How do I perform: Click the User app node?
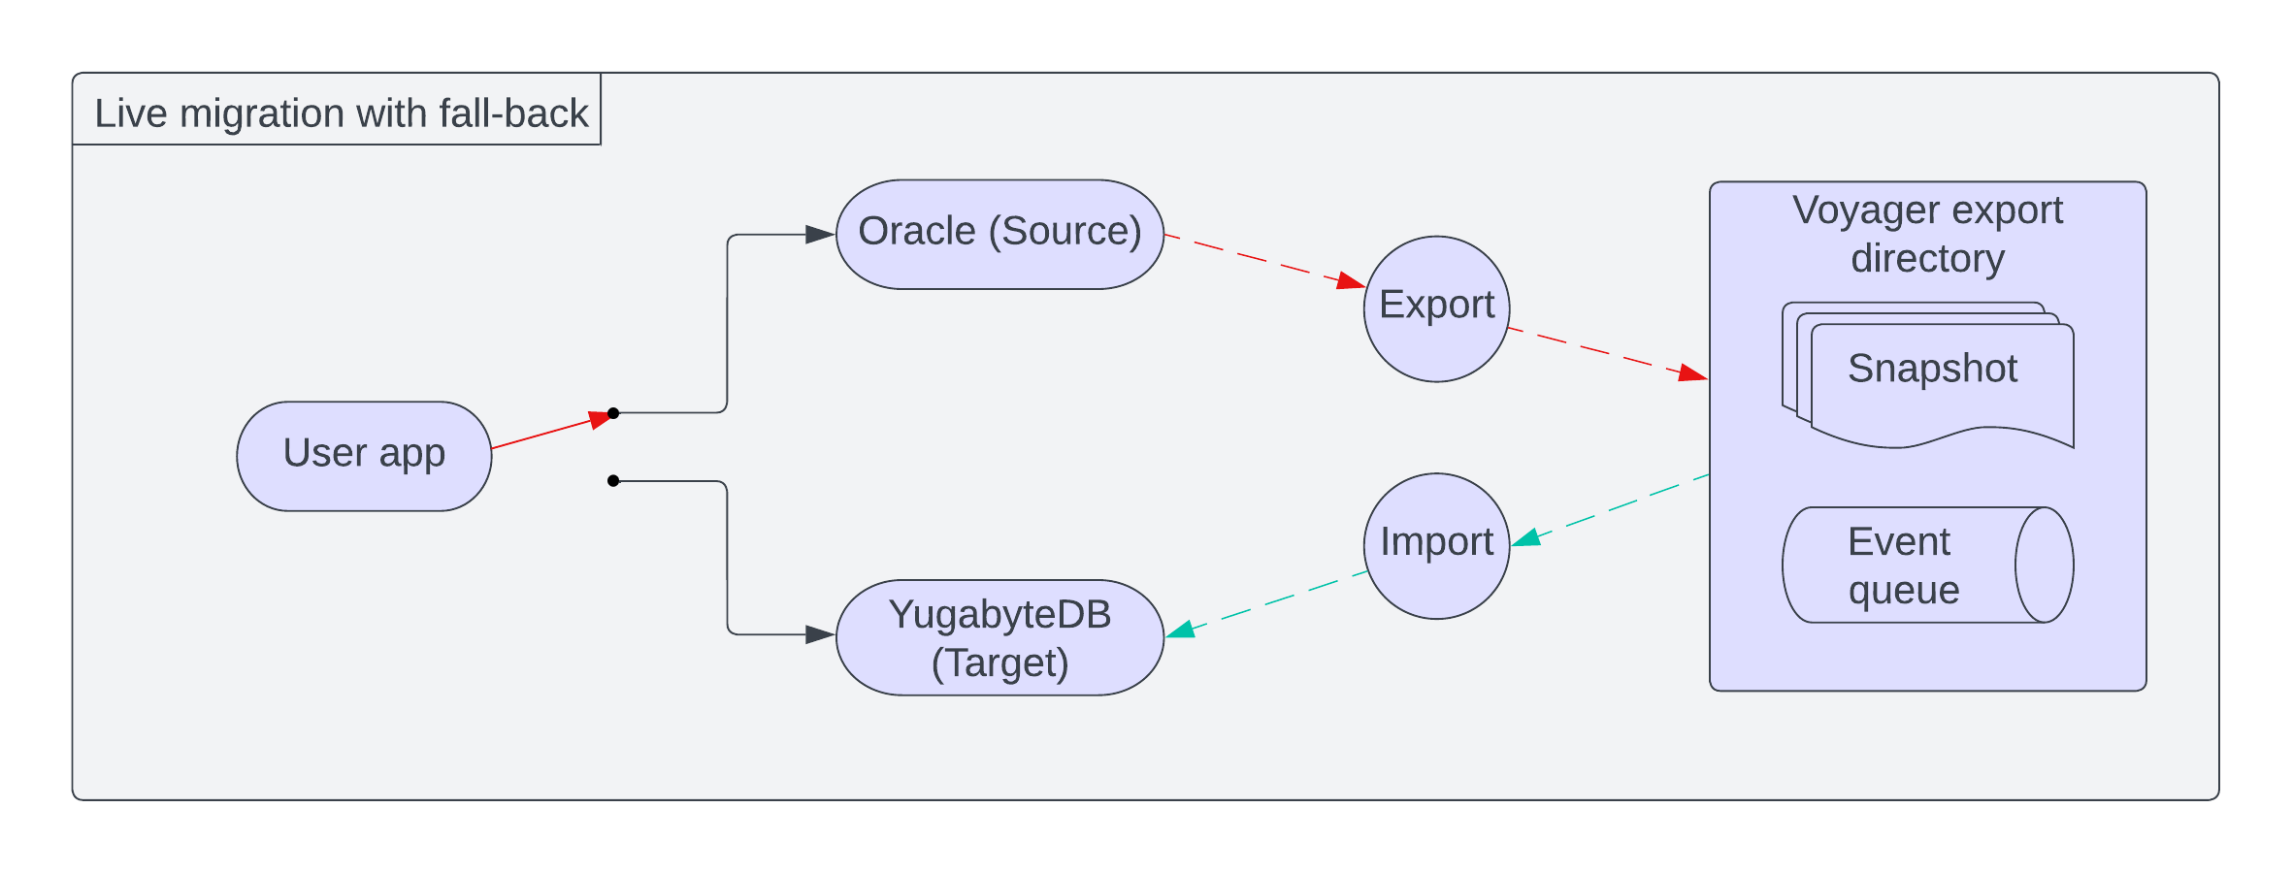pos(364,456)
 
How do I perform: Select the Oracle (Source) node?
pos(999,234)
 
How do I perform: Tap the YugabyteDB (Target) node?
pos(999,638)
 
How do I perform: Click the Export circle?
pos(1436,308)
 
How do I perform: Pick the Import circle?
pos(1436,545)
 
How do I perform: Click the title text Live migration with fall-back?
pos(341,113)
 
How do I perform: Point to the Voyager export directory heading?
pos(1927,234)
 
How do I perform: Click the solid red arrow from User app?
pos(543,434)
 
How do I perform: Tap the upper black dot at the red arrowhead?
pos(613,413)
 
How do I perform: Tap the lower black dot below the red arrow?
pos(613,481)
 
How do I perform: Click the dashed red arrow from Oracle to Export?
pos(1261,260)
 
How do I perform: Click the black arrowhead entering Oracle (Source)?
pos(820,235)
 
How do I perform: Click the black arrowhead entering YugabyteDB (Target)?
pos(820,635)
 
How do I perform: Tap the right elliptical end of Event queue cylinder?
pos(2044,566)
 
